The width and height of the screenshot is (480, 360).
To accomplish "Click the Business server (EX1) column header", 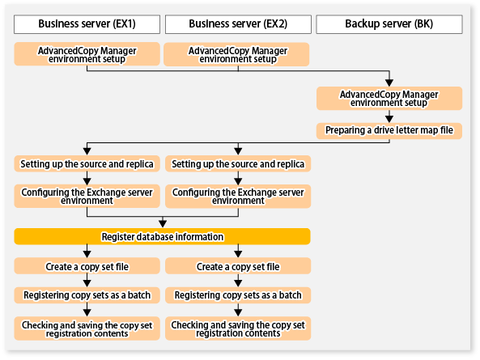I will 87,23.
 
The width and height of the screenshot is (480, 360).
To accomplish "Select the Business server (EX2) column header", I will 238,23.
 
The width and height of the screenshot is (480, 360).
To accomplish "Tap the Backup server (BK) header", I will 389,23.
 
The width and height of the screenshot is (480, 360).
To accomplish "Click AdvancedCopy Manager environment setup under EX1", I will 87,54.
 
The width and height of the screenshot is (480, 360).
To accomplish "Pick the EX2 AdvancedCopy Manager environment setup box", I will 238,54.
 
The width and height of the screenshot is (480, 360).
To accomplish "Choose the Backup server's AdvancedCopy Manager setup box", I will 389,99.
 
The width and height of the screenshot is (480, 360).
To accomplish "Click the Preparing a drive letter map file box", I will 389,129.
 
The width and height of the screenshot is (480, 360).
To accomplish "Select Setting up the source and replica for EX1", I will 87,163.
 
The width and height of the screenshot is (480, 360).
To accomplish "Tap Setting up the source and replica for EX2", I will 238,163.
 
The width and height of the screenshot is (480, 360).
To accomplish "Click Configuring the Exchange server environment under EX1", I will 87,195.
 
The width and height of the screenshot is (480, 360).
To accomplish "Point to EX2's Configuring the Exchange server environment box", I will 238,195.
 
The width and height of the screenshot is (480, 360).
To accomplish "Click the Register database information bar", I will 162,236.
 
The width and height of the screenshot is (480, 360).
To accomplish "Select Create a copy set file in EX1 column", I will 87,266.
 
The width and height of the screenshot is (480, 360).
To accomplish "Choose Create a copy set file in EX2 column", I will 238,266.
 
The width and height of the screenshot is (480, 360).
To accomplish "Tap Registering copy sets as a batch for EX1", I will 87,296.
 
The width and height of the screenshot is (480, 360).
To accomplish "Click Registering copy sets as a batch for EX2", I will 238,296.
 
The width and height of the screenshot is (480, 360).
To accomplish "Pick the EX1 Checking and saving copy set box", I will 87,328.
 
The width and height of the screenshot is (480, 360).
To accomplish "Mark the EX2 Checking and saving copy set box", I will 238,328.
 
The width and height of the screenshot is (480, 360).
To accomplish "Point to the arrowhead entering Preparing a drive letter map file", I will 389,117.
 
